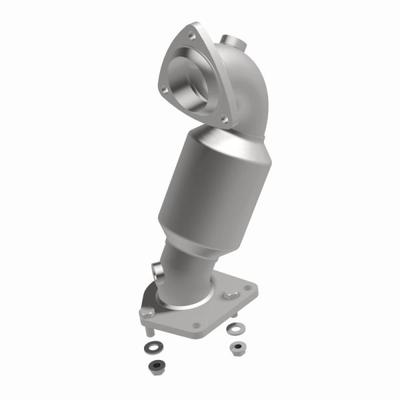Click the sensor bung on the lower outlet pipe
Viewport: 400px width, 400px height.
pos(159,272)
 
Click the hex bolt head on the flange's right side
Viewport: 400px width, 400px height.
pos(231,294)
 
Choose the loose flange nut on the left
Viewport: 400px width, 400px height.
pos(156,365)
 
